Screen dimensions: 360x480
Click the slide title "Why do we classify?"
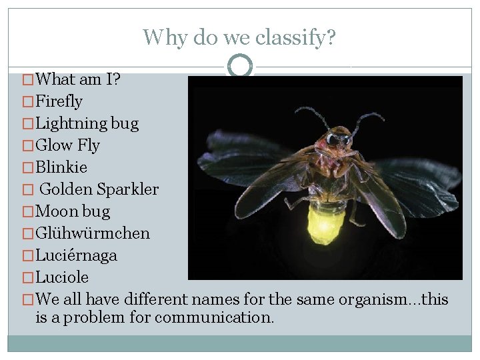(239, 37)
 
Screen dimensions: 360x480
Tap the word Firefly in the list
(59, 101)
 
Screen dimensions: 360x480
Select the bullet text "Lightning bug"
(87, 123)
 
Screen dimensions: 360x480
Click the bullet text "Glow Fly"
(67, 145)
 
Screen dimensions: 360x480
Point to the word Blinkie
(61, 167)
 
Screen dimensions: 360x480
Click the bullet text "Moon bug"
(73, 211)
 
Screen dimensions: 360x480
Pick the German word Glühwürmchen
(93, 233)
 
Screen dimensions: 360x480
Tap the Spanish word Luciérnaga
(76, 255)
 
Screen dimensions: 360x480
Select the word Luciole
(62, 277)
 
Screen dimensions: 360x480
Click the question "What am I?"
(77, 79)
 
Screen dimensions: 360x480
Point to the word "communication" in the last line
(214, 317)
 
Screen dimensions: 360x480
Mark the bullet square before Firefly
(27, 102)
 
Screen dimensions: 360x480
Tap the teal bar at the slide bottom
(239, 343)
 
